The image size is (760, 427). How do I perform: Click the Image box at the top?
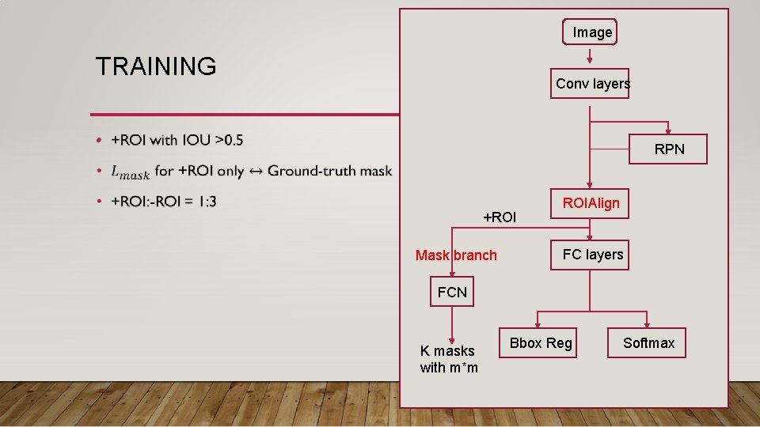[x=590, y=32]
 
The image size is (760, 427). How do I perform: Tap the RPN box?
[x=669, y=149]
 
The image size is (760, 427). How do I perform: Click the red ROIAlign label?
[x=591, y=203]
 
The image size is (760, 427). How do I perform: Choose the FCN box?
[x=452, y=293]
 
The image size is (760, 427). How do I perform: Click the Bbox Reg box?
[x=541, y=343]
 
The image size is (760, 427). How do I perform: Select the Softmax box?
[x=648, y=343]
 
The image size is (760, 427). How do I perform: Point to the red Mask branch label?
[x=456, y=255]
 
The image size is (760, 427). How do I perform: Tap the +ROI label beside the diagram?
[x=500, y=217]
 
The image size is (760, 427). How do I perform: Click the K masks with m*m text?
[x=449, y=359]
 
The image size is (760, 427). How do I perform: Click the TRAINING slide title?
[x=155, y=66]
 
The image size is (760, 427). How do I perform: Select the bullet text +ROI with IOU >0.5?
[x=177, y=141]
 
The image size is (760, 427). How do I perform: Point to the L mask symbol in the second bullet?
[x=130, y=172]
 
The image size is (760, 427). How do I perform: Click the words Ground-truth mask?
[x=329, y=171]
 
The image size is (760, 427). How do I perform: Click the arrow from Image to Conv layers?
[x=590, y=56]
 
